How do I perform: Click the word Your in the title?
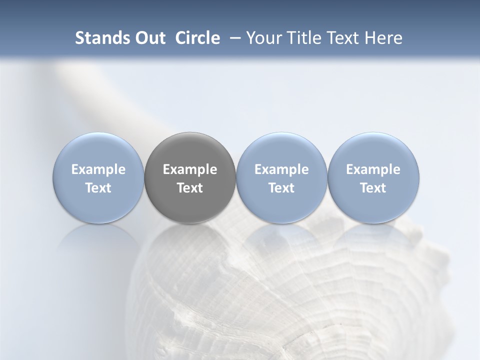(x=263, y=38)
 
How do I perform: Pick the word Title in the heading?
(x=301, y=38)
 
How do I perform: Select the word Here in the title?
(x=383, y=38)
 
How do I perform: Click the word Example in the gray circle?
(x=190, y=170)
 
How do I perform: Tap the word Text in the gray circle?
(x=190, y=188)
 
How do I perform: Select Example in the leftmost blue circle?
(x=98, y=170)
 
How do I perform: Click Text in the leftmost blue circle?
(x=98, y=188)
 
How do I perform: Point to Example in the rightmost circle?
(x=373, y=170)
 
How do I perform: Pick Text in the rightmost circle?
(x=373, y=188)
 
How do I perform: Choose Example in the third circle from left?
(x=281, y=170)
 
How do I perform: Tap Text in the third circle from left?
(x=281, y=188)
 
